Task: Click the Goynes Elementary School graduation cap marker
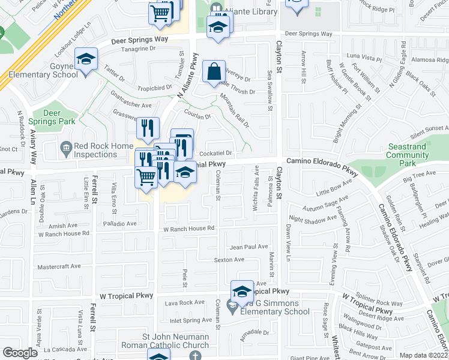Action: [86, 59]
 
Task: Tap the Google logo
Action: [20, 353]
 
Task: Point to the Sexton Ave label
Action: [229, 260]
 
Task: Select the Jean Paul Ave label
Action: [249, 247]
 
